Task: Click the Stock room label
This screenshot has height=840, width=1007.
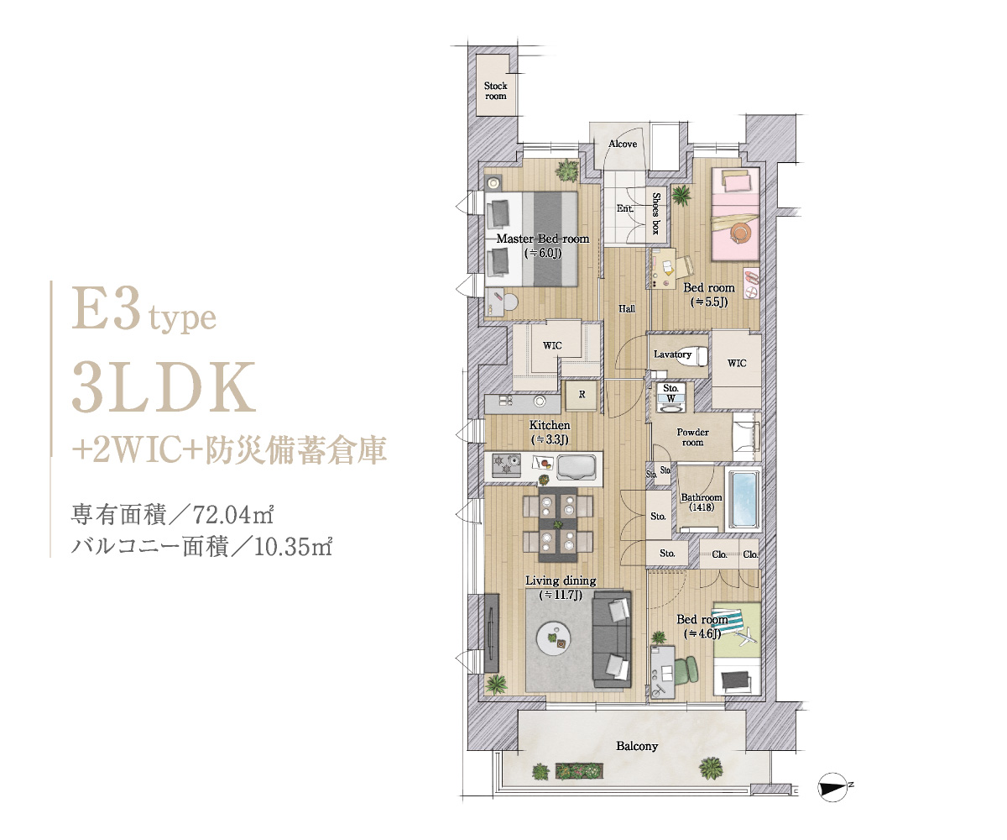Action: (x=495, y=91)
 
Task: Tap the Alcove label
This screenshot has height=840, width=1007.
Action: (x=622, y=144)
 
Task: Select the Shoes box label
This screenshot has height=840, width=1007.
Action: (x=656, y=213)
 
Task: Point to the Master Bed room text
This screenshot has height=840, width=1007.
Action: (x=543, y=239)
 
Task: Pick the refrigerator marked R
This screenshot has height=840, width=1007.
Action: (x=582, y=395)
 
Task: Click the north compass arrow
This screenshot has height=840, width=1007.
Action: (x=833, y=787)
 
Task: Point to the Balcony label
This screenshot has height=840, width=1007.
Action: (x=637, y=747)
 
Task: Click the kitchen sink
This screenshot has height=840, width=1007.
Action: (x=579, y=467)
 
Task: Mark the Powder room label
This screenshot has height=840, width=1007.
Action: (x=692, y=437)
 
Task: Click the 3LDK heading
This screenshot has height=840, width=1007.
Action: (x=164, y=387)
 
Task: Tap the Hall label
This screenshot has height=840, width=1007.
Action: (x=627, y=308)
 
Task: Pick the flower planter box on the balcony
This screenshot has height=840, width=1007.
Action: (x=579, y=771)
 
